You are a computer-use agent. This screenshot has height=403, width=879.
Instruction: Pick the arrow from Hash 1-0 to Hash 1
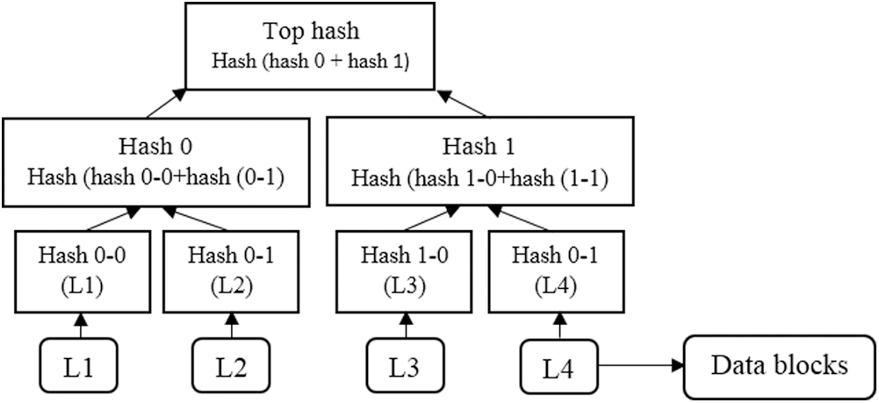point(430,219)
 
